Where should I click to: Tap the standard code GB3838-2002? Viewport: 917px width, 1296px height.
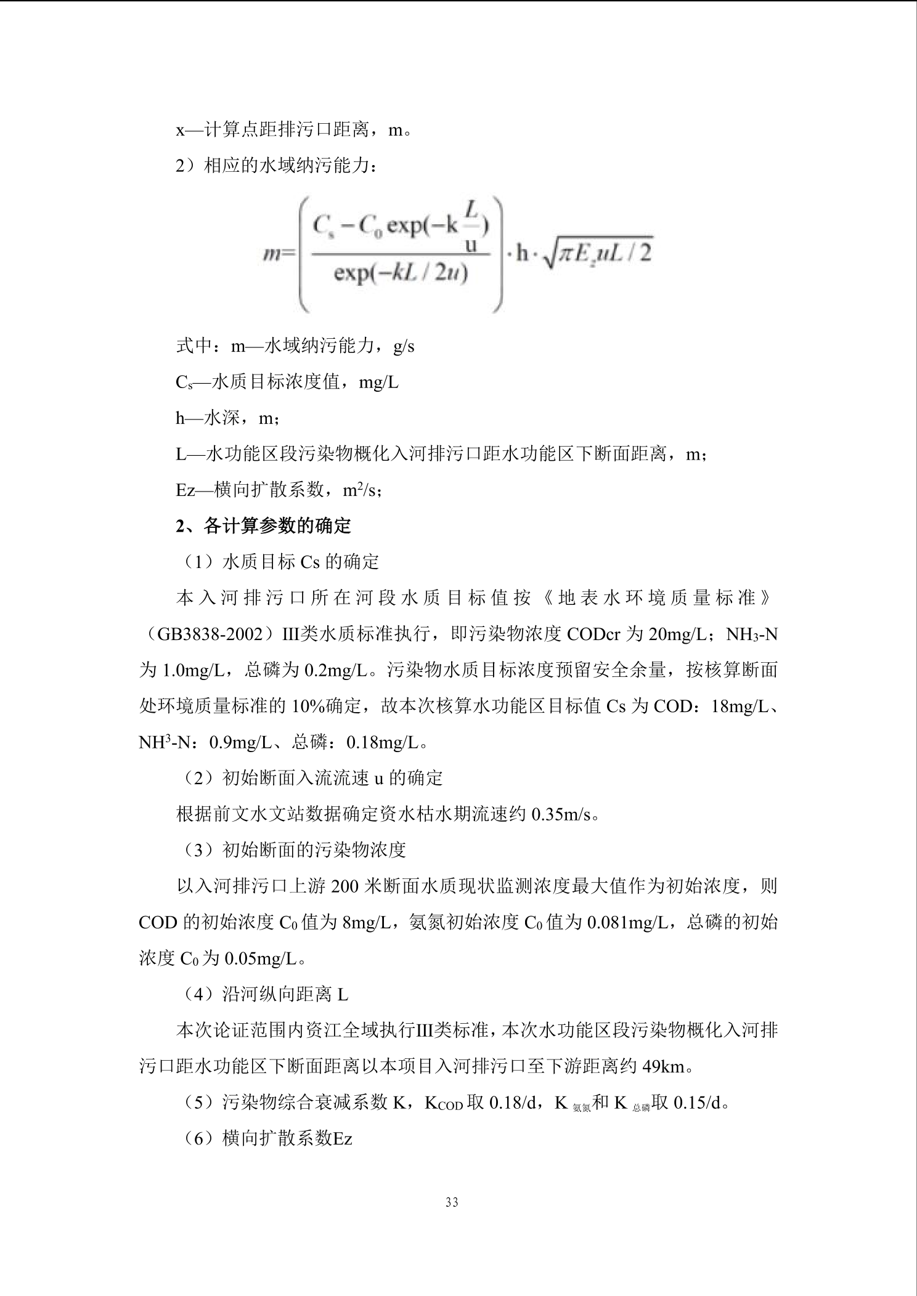point(210,634)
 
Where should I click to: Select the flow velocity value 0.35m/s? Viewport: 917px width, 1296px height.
point(561,814)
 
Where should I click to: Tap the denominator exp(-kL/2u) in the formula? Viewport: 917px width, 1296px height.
point(401,272)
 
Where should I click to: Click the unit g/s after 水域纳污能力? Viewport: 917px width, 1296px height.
point(404,346)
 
